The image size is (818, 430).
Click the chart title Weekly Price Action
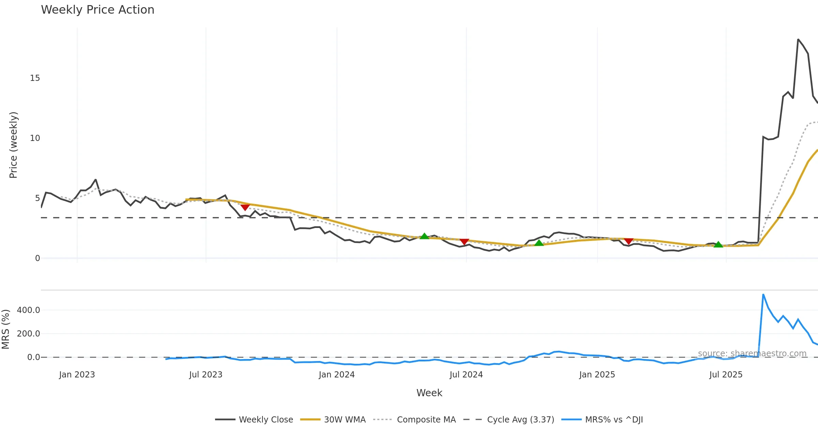tap(97, 10)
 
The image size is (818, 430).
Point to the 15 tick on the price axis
tap(35, 78)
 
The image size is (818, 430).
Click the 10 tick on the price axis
tap(35, 138)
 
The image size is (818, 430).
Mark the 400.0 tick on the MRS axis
tap(28, 310)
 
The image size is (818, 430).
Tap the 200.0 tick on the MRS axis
tap(28, 334)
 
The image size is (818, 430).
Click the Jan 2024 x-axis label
tap(337, 375)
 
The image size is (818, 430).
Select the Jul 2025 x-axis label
tap(726, 375)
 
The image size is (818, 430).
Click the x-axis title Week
tap(429, 393)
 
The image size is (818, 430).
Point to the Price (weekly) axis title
tap(13, 145)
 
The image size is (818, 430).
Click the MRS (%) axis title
tap(5, 329)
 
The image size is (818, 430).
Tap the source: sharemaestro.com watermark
tap(752, 354)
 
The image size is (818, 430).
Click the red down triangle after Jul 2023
tap(245, 207)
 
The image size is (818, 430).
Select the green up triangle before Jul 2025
tap(718, 244)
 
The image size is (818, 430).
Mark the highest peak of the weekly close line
tap(798, 40)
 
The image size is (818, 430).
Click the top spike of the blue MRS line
tap(763, 295)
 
